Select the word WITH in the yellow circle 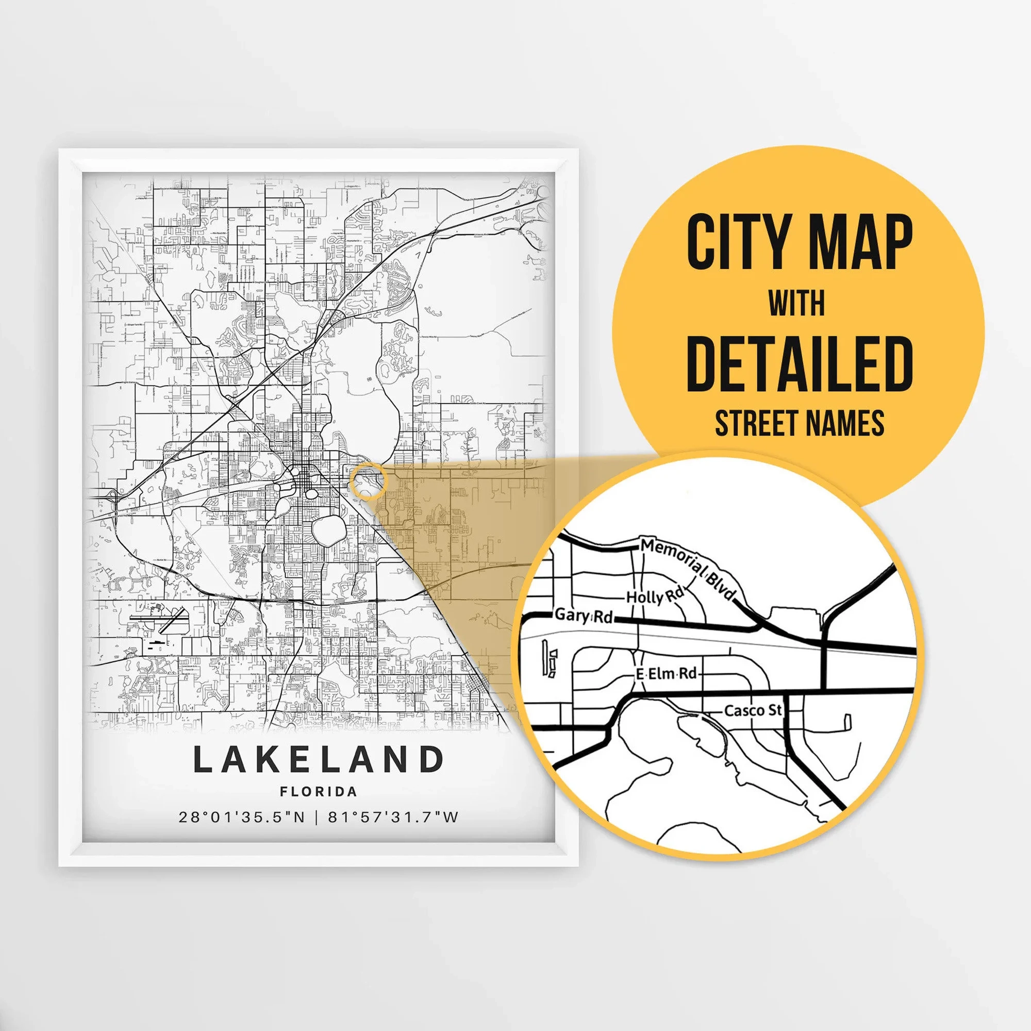click(x=797, y=304)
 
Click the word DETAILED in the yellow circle click(x=799, y=363)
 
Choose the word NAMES click(x=845, y=424)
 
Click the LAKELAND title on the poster click(x=319, y=759)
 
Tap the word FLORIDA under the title click(x=319, y=792)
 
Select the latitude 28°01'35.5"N click(x=242, y=818)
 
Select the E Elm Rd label click(x=667, y=674)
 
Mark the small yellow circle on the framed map click(x=368, y=481)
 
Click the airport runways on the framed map click(x=160, y=621)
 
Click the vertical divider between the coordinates click(x=317, y=818)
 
